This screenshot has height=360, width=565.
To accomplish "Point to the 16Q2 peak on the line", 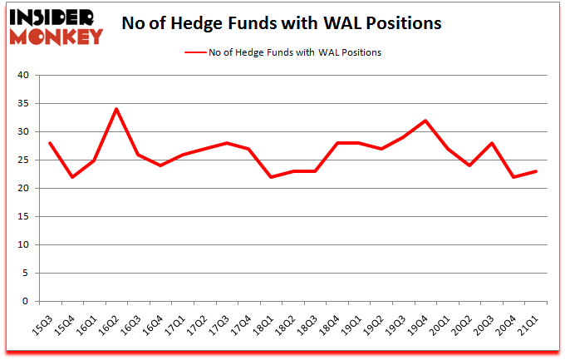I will [x=116, y=109].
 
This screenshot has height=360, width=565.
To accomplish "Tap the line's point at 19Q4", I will [x=426, y=121].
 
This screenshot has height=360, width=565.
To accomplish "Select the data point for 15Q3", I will [x=50, y=143].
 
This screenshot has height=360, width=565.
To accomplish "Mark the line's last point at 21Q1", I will [x=536, y=171].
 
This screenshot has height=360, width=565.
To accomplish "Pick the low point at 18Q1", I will [x=271, y=177].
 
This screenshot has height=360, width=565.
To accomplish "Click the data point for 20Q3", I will [x=492, y=143].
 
